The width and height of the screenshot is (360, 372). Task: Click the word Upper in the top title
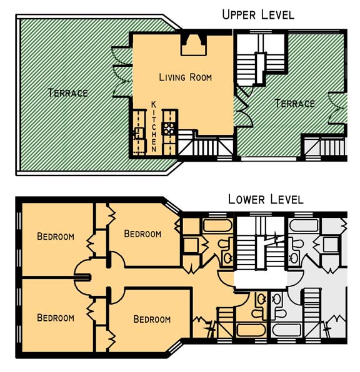pos(239,15)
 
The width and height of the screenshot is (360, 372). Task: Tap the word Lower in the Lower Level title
pos(246,199)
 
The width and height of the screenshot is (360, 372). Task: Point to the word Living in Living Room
pos(172,77)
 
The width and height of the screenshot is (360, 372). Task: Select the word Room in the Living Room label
pos(201,77)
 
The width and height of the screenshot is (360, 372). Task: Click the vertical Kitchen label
pos(154,127)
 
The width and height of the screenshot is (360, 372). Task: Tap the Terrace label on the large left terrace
pos(67,93)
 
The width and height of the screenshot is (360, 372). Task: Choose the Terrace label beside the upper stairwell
pos(294,104)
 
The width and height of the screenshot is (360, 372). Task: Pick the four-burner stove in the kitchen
pos(168,129)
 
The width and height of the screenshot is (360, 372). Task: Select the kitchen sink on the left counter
pos(139,134)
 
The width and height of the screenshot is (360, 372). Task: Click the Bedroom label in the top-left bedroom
pos(56,237)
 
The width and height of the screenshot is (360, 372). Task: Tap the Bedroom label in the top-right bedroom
pos(142,234)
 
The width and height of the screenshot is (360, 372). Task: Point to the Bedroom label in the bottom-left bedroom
pos(56,318)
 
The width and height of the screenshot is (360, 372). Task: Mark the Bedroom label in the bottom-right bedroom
pos(152,320)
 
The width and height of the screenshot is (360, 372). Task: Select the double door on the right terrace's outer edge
pos(337,108)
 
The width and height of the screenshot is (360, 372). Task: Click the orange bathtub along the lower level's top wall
pos(217,225)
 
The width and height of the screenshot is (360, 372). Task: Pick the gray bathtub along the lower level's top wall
pos(304,225)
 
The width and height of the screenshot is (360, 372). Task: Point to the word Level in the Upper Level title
pos(277,15)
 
